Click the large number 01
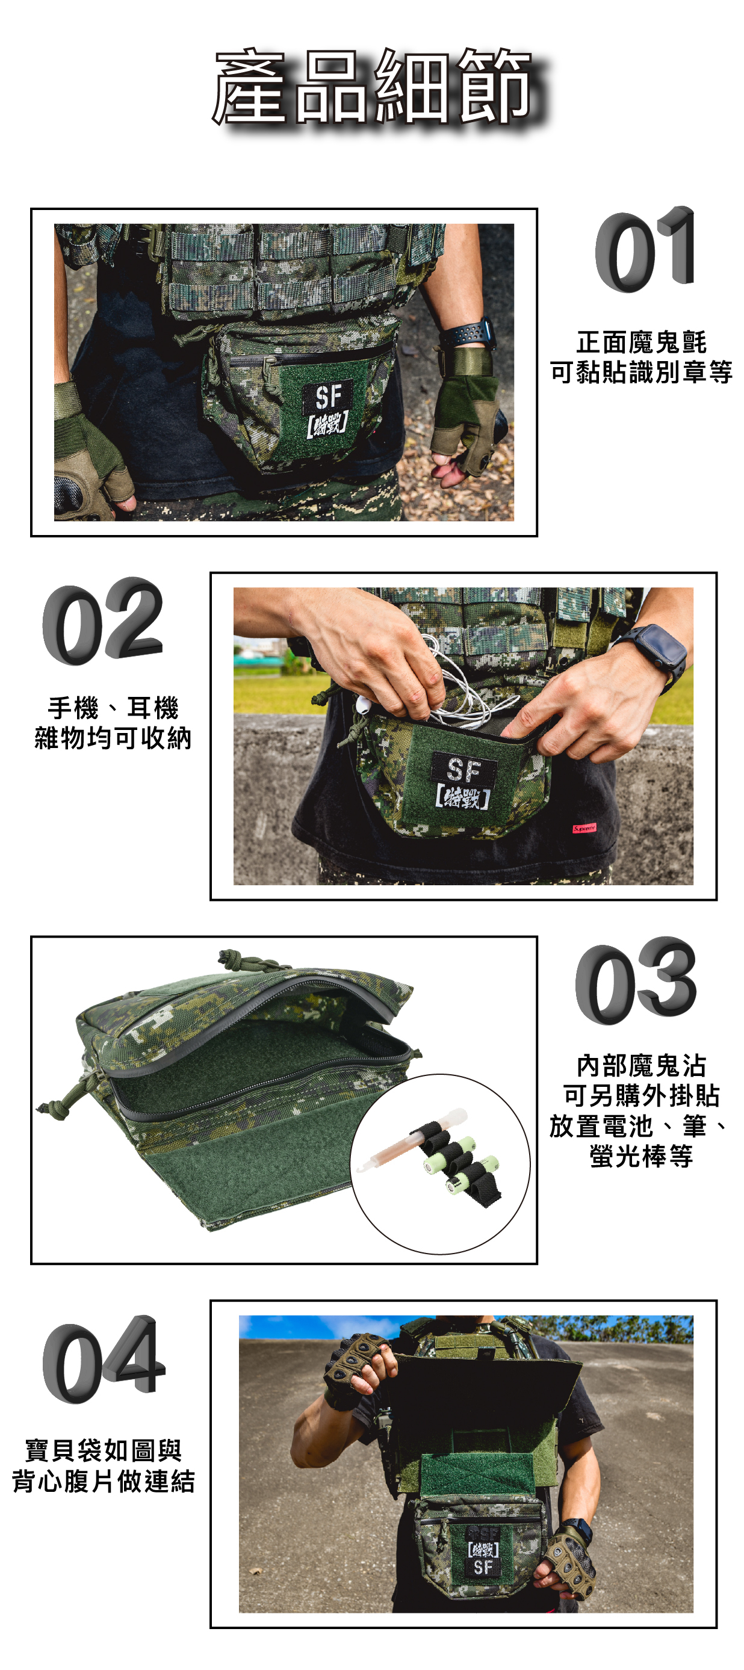[x=645, y=250]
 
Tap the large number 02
[x=102, y=621]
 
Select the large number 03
[x=636, y=980]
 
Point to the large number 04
[x=104, y=1359]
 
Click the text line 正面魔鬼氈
[x=641, y=342]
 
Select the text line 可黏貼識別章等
[x=641, y=372]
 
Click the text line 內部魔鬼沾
[x=641, y=1066]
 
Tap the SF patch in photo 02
[x=463, y=781]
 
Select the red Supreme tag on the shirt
[x=584, y=828]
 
